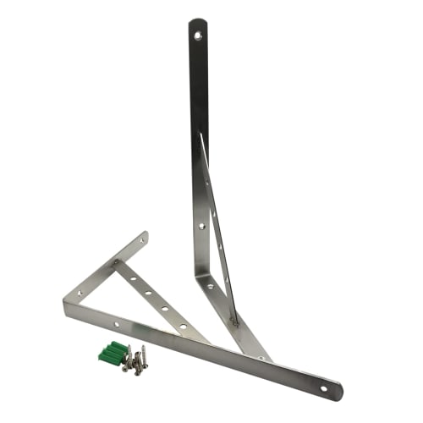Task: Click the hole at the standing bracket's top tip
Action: pyautogui.click(x=197, y=36)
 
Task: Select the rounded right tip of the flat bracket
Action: pyautogui.click(x=338, y=393)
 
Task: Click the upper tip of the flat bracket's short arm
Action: pyautogui.click(x=145, y=235)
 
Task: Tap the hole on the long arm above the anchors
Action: pyautogui.click(x=117, y=324)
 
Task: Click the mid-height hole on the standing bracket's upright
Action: pyautogui.click(x=201, y=226)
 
